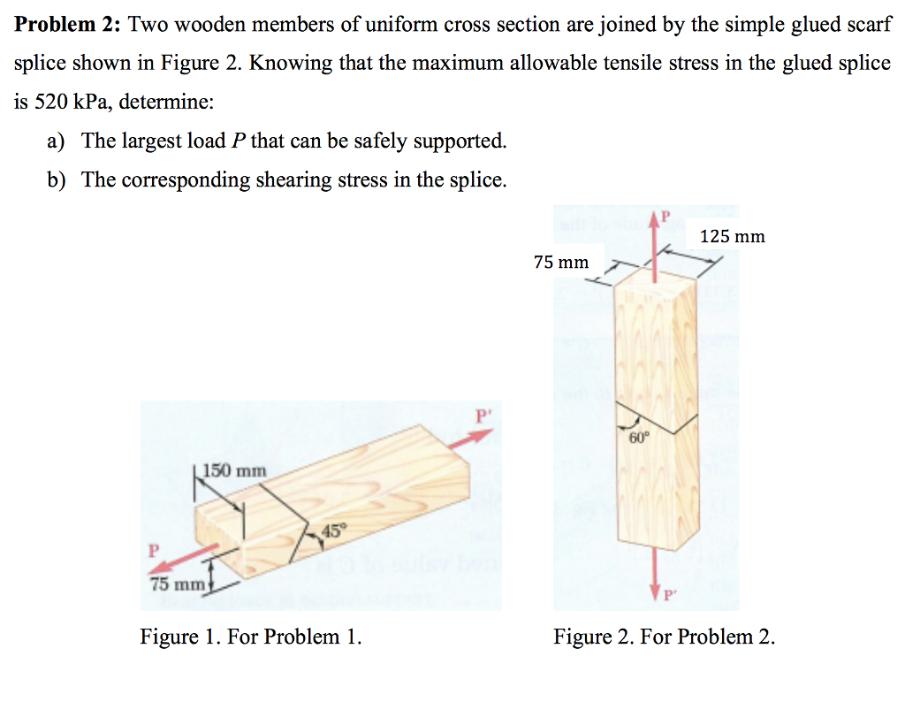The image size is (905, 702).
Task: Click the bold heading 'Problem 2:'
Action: coord(67,24)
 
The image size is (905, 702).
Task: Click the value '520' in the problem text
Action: coord(51,101)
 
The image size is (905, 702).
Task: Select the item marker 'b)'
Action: coord(58,180)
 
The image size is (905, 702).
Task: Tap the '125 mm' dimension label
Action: coord(732,236)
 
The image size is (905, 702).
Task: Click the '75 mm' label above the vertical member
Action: coord(561,262)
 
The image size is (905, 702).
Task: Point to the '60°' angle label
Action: coord(638,437)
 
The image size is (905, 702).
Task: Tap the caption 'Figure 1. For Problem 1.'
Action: coord(251,637)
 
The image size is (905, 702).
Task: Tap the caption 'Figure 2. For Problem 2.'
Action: coord(664,637)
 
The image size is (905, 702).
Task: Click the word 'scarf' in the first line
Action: coord(867,24)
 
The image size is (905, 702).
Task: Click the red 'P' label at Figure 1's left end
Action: coord(154,549)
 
